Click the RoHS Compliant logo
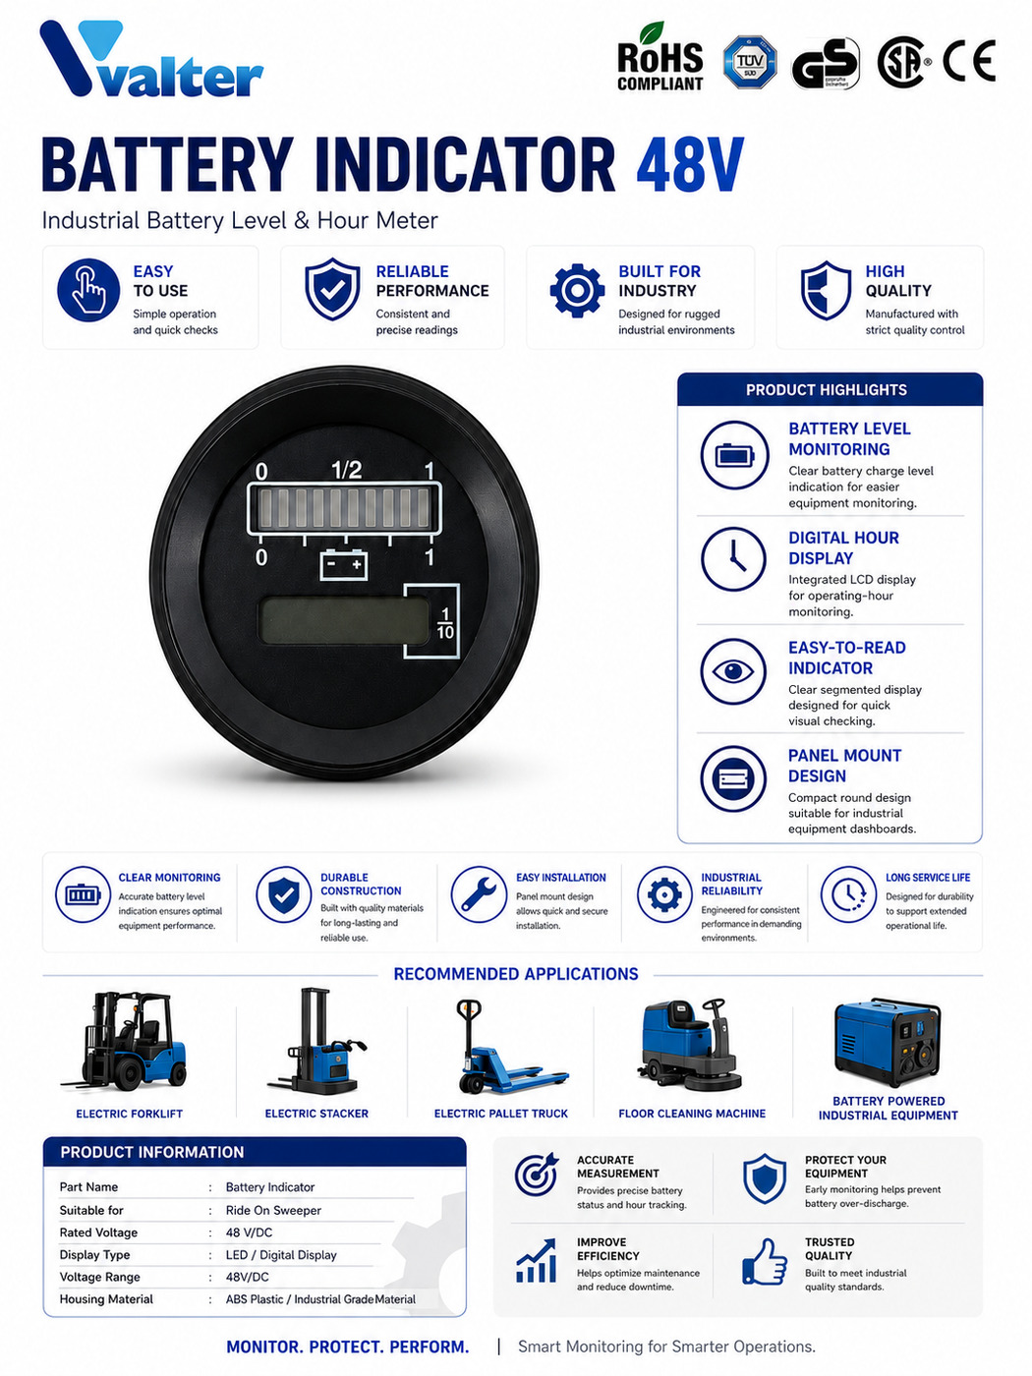point(659,58)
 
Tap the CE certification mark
point(969,61)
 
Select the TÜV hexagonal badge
point(749,62)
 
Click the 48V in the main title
point(690,164)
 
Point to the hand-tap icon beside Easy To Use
point(88,290)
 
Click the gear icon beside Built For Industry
point(577,290)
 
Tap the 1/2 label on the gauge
point(346,470)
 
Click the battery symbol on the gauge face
point(343,563)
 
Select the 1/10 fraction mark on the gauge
point(445,623)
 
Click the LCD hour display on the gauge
point(344,620)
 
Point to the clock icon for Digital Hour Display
point(733,559)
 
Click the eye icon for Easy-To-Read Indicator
point(733,671)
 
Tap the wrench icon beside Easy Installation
point(479,894)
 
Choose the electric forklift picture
point(124,1041)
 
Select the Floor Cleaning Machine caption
point(692,1114)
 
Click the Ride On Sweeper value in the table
point(273,1210)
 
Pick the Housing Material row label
point(106,1299)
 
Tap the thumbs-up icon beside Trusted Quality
point(765,1261)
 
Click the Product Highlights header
point(826,390)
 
